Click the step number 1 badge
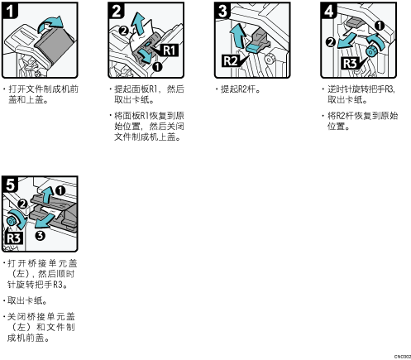pyautogui.click(x=10, y=11)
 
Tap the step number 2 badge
pyautogui.click(x=117, y=11)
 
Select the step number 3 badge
pyautogui.click(x=222, y=11)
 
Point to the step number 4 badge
pyautogui.click(x=329, y=11)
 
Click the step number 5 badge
pyautogui.click(x=10, y=185)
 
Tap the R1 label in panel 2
pyautogui.click(x=170, y=50)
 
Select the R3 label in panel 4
pyautogui.click(x=350, y=63)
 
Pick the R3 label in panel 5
pyautogui.click(x=13, y=238)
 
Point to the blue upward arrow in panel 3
pyautogui.click(x=238, y=35)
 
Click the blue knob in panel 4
pyautogui.click(x=370, y=51)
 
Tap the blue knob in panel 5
pyautogui.click(x=11, y=221)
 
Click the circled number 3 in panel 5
pyautogui.click(x=41, y=236)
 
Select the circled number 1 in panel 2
pyautogui.click(x=157, y=67)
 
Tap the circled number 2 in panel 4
pyautogui.click(x=331, y=42)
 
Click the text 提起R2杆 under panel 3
pyautogui.click(x=238, y=89)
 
